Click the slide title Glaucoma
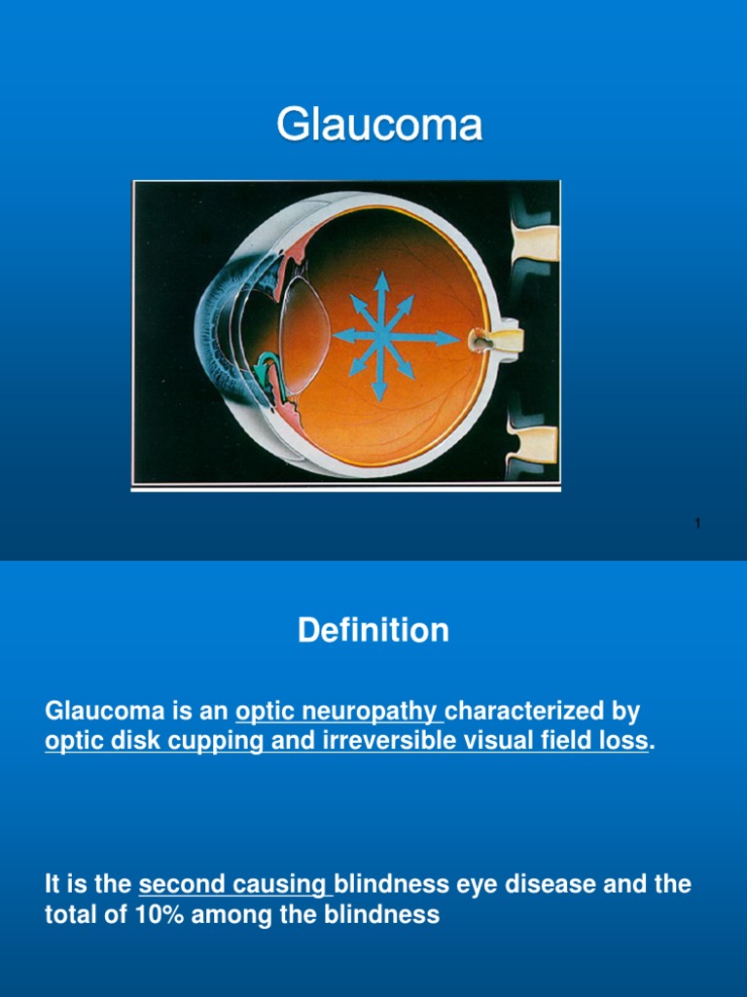379,126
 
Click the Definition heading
373,631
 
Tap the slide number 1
697,525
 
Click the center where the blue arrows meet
380,337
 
